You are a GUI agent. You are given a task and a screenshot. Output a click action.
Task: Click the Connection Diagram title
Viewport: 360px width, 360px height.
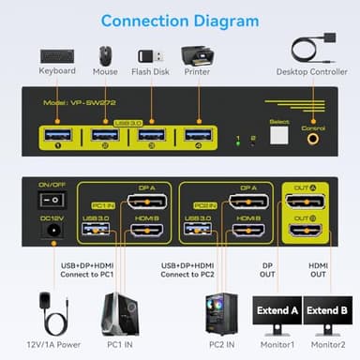click(179, 20)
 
